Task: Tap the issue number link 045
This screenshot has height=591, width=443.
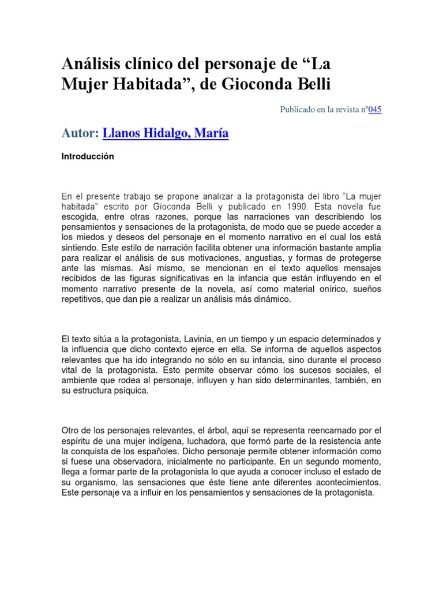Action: click(x=375, y=110)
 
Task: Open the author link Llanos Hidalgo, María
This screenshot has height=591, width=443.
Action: click(x=165, y=133)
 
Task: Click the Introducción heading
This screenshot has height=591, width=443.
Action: click(x=88, y=156)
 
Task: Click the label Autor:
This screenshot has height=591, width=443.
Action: click(x=80, y=133)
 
